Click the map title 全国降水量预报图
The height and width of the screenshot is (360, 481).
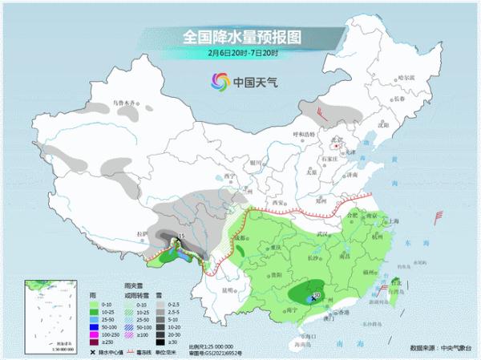(x=240, y=36)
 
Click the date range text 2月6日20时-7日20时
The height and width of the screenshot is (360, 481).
(x=240, y=53)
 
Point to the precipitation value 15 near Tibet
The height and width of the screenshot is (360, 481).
(x=181, y=236)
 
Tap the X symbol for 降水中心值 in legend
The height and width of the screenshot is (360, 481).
(x=93, y=351)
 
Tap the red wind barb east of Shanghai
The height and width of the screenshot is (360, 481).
(x=439, y=215)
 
